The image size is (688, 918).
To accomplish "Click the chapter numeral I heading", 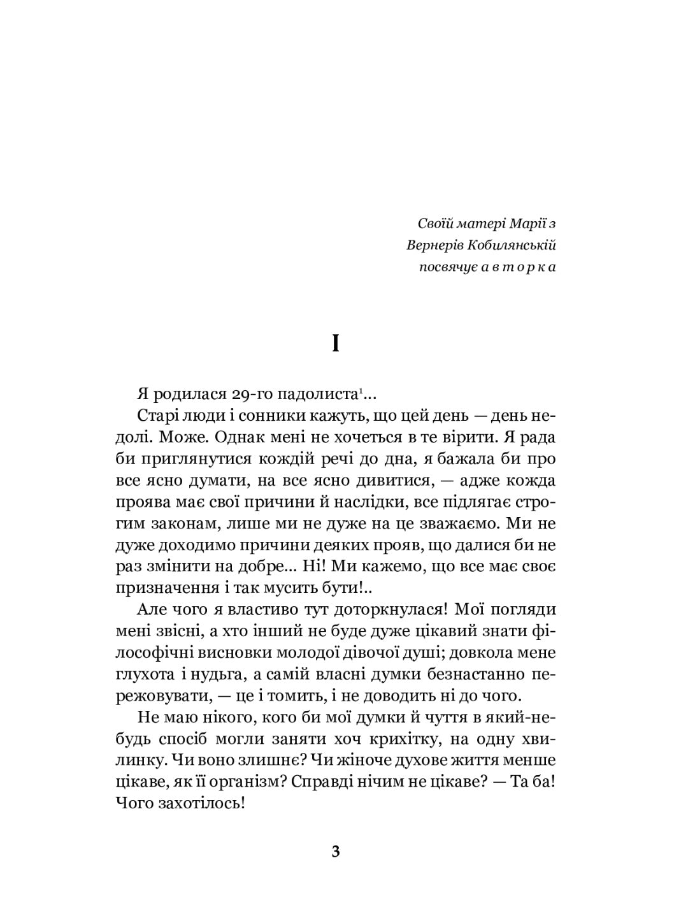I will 336,345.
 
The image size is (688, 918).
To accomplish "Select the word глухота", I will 145,674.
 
